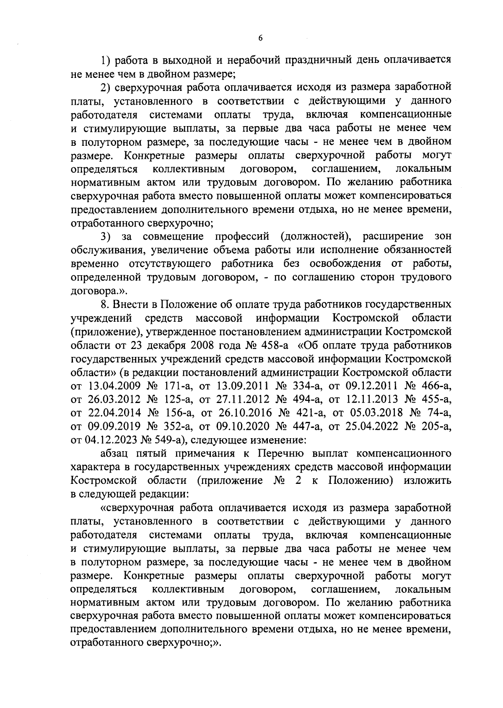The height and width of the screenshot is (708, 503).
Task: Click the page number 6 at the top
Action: [x=260, y=38]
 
